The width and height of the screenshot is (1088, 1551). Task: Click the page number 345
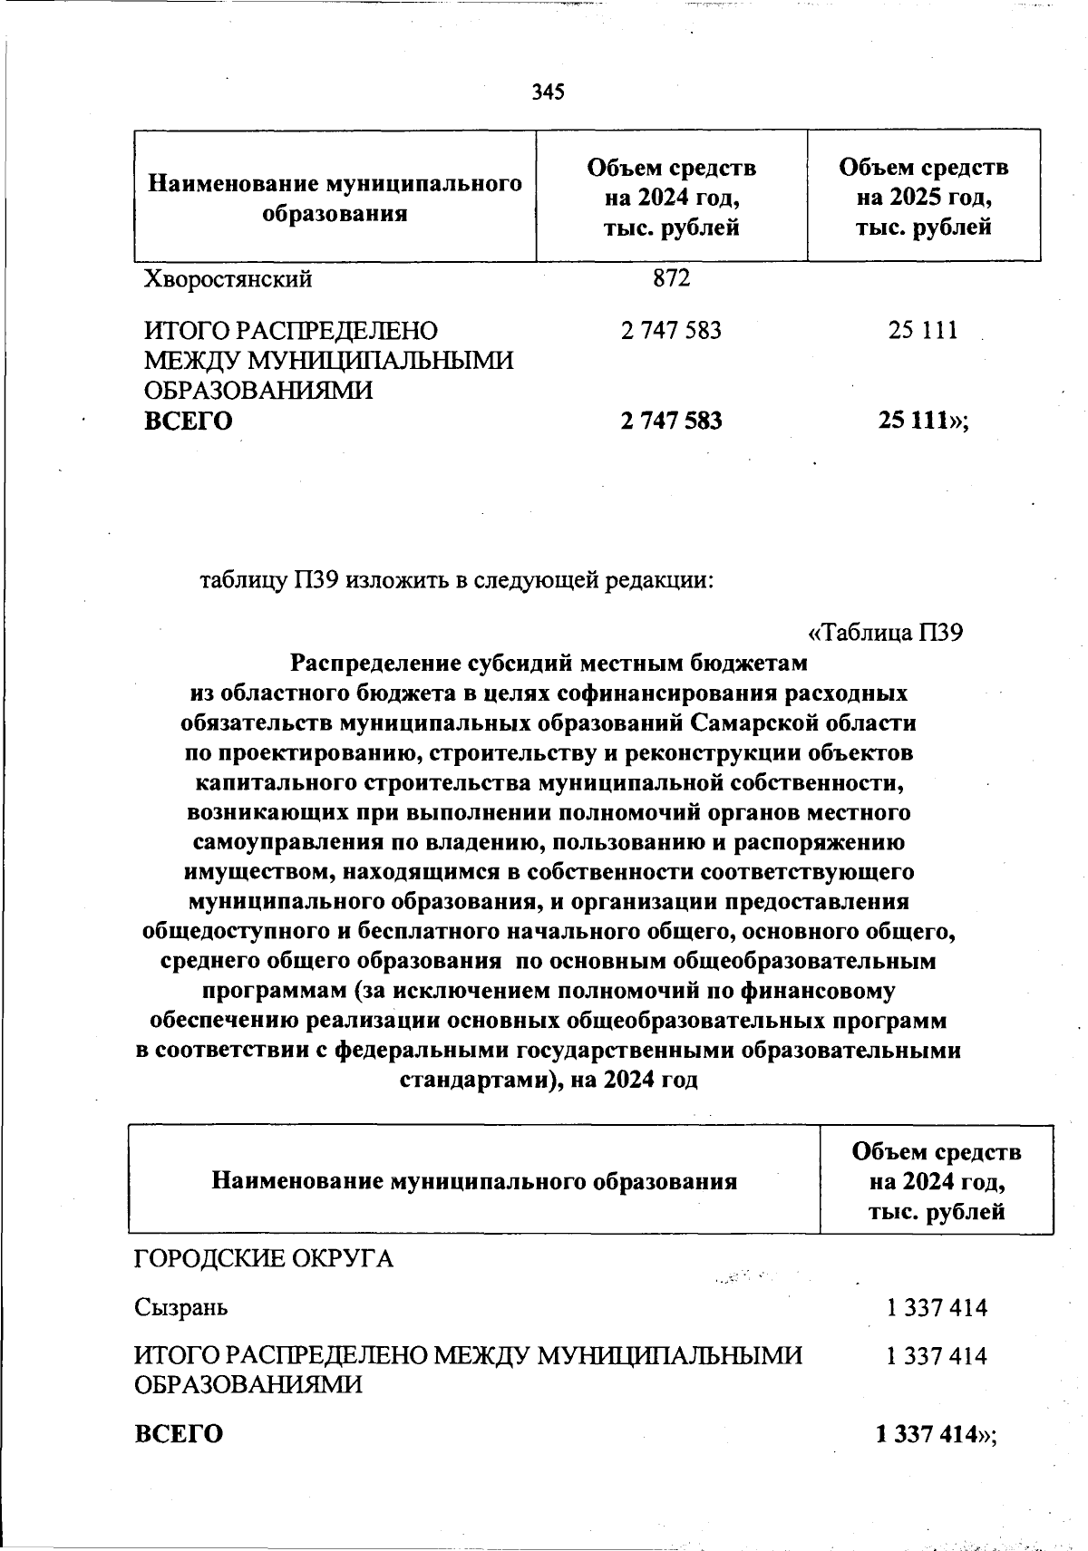[549, 92]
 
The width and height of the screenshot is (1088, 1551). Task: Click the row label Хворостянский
[228, 279]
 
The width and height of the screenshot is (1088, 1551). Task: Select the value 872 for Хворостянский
[672, 278]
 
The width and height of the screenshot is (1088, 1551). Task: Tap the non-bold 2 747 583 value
[672, 331]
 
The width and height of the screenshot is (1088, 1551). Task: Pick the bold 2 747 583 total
[672, 422]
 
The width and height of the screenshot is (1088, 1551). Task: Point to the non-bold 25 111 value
[923, 331]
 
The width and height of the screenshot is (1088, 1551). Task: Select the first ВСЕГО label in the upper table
[189, 422]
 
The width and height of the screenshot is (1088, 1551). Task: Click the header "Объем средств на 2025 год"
[923, 196]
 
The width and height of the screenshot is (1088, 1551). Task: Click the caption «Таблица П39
[884, 633]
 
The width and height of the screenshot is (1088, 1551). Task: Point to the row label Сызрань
[181, 1307]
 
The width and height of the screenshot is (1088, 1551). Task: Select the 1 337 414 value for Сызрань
[937, 1307]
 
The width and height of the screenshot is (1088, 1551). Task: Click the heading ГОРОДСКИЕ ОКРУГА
[264, 1259]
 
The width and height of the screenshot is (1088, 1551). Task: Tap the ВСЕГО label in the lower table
[179, 1434]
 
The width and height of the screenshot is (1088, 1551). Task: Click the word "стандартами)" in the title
[477, 1081]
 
